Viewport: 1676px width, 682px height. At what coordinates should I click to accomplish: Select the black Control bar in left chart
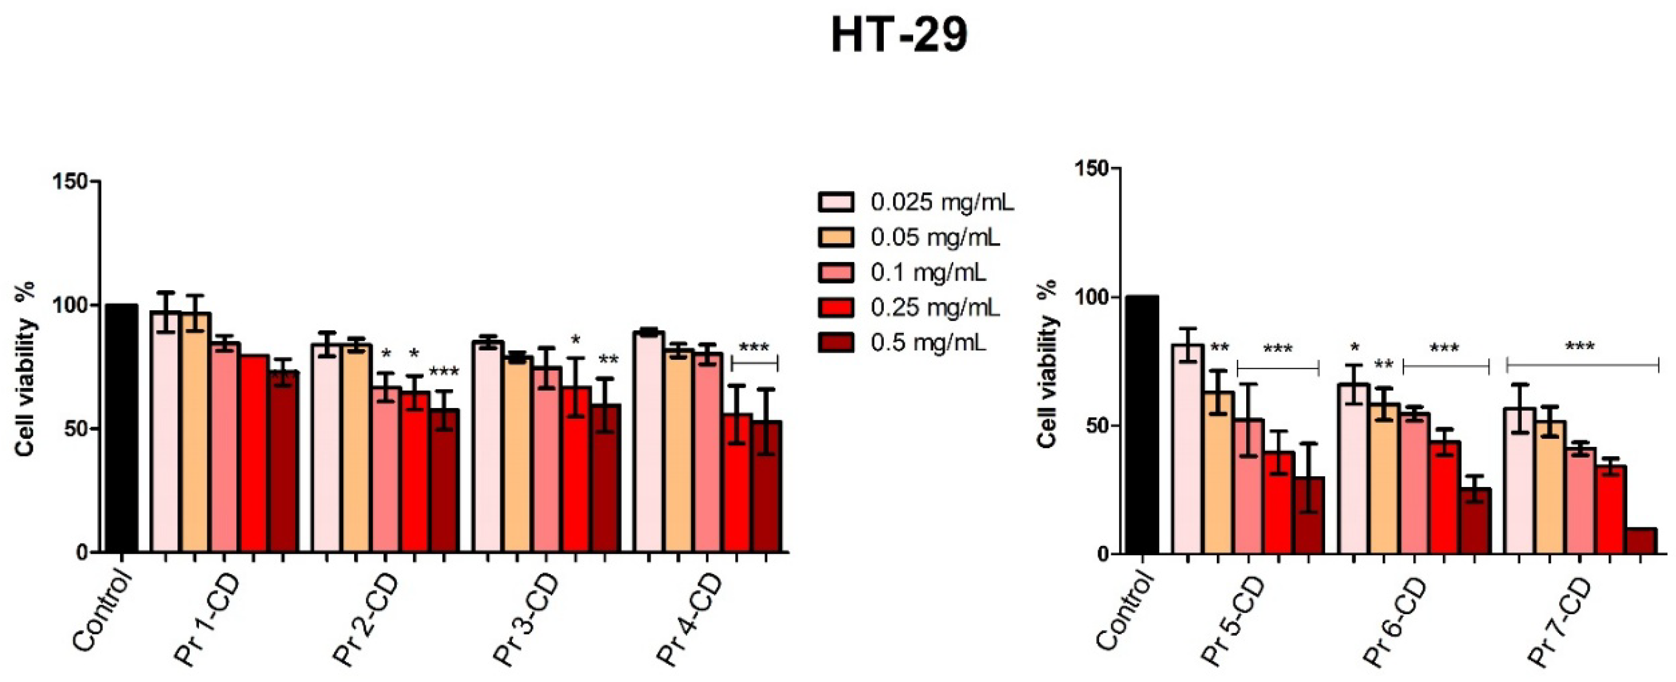point(122,428)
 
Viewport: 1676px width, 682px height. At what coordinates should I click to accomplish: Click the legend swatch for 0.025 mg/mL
point(836,203)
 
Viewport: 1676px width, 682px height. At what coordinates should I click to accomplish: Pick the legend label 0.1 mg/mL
point(928,273)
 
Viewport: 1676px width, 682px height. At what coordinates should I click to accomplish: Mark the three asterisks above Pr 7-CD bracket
point(1580,347)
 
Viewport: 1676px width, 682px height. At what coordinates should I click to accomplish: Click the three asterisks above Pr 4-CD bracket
point(754,348)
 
